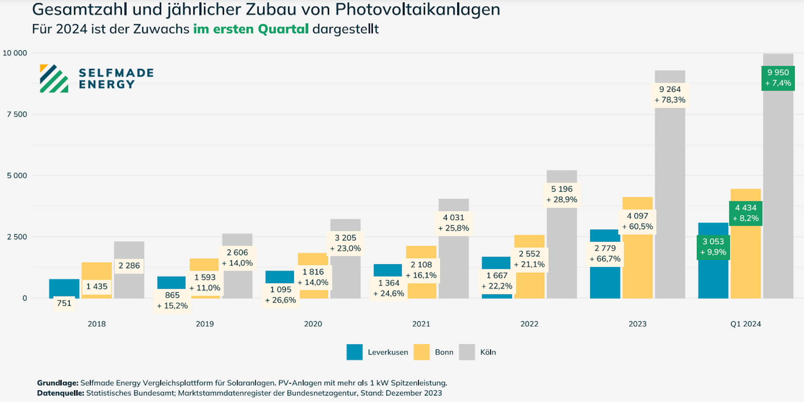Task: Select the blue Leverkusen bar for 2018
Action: (x=64, y=288)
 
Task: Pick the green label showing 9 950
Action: (x=778, y=78)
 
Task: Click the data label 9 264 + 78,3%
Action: (x=670, y=95)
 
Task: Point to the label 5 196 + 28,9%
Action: (x=562, y=195)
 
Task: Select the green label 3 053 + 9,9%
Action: (x=713, y=247)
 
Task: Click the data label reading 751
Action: (x=64, y=303)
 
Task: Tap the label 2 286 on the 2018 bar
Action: (x=129, y=266)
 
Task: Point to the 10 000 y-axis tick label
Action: (x=15, y=53)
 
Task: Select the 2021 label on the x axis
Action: (x=421, y=324)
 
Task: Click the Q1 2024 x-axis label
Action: (x=746, y=324)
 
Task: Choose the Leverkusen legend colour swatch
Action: (x=354, y=352)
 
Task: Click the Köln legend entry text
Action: (x=488, y=352)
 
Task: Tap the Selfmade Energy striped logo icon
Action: (x=54, y=79)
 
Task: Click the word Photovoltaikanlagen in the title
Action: (x=417, y=10)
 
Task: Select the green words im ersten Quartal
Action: (x=251, y=29)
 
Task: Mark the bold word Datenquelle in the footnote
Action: (x=60, y=393)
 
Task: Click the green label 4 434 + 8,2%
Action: (x=746, y=213)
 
